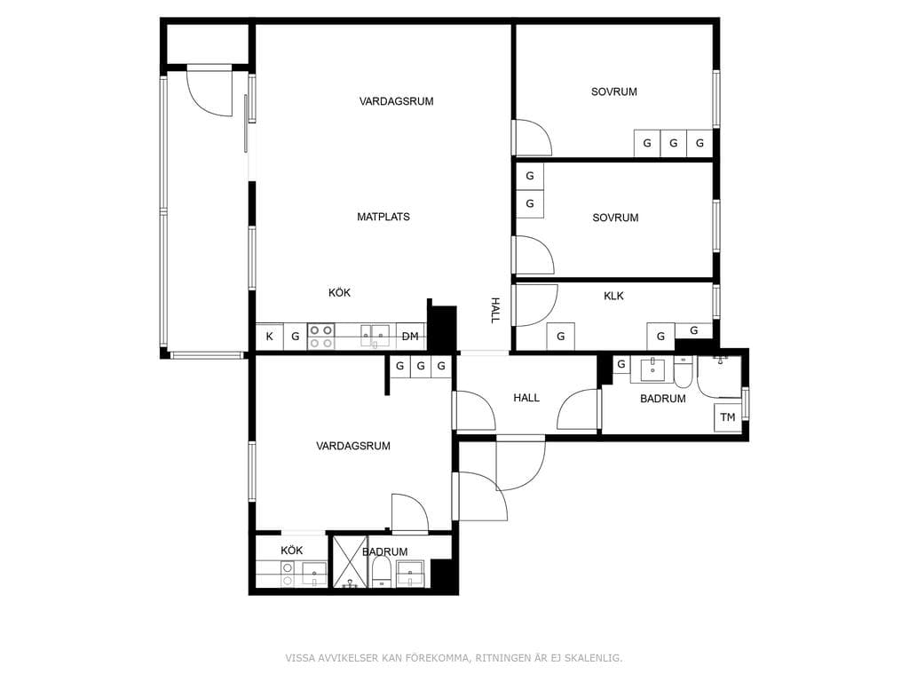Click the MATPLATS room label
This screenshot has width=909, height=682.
[383, 217]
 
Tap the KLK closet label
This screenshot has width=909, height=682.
[613, 296]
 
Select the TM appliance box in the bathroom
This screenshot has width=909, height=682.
[728, 417]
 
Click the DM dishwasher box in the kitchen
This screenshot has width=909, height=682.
[410, 337]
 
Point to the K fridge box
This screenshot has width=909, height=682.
[270, 337]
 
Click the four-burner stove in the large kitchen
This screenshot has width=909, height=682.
[320, 337]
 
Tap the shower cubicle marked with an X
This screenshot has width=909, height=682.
[350, 561]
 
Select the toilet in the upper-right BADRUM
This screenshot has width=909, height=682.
[683, 372]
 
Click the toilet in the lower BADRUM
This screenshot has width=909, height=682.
[381, 572]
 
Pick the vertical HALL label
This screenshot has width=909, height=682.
[495, 310]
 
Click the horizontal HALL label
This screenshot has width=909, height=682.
[526, 398]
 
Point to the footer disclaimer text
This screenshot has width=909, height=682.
[454, 658]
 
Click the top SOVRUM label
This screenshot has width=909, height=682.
[614, 91]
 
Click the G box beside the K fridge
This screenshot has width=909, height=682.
[295, 337]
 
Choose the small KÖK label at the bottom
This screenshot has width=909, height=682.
[291, 551]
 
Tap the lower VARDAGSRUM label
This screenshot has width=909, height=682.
[353, 446]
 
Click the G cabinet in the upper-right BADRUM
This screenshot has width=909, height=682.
[621, 365]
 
